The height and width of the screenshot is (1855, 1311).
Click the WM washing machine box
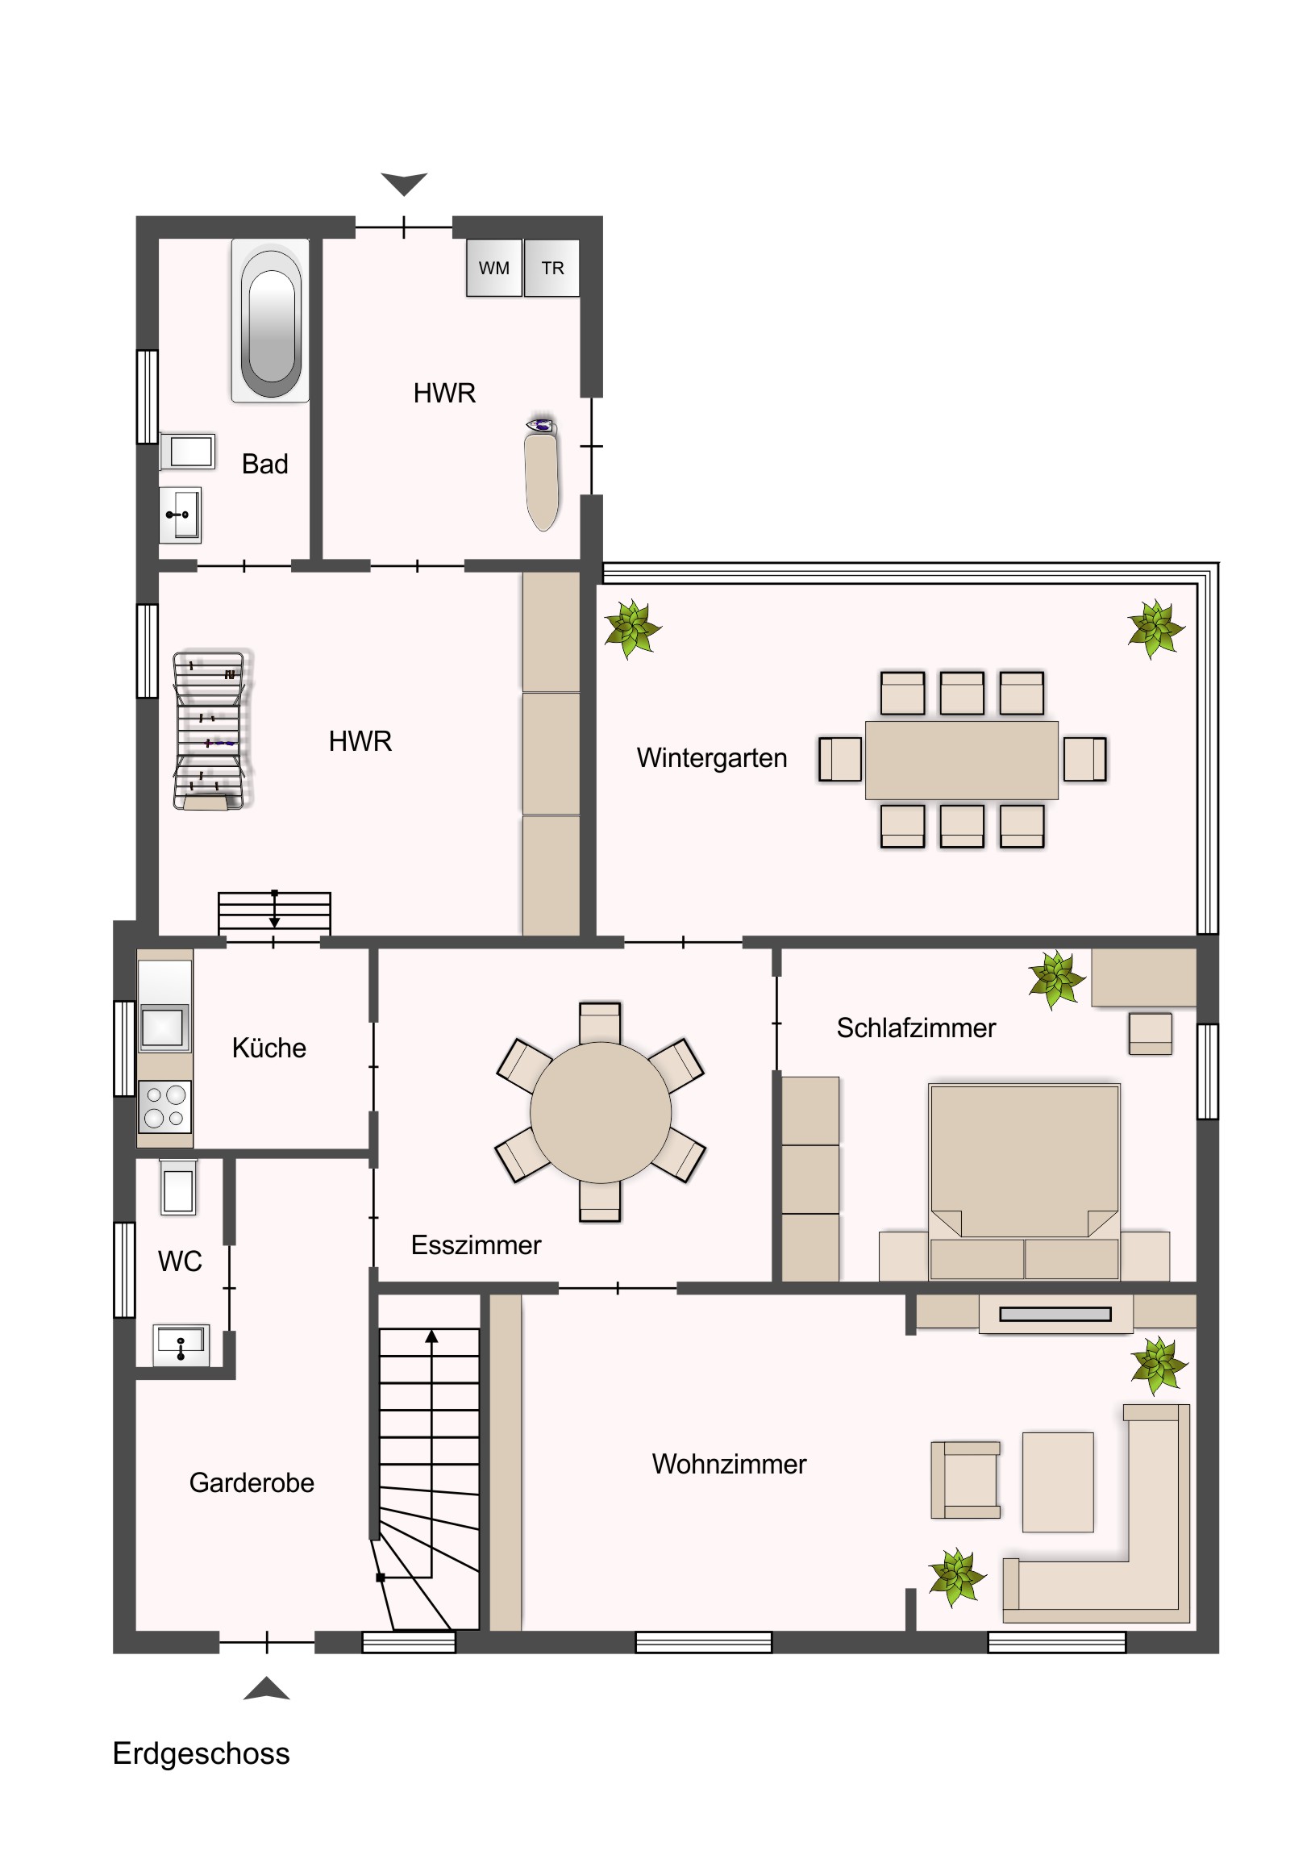coord(493,268)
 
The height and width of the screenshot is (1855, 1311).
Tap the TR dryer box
coord(551,268)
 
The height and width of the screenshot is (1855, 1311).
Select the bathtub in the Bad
coord(271,320)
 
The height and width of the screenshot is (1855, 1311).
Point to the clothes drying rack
coord(209,731)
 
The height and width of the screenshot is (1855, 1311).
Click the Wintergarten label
coord(712,758)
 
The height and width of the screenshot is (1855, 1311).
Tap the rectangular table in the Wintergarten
coord(961,761)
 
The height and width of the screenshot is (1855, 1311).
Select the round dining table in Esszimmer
coord(600,1112)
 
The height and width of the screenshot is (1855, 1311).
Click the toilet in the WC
coord(177,1188)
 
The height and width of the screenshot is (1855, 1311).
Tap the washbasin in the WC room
coord(181,1345)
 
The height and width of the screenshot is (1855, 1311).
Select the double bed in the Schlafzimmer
coord(1024,1182)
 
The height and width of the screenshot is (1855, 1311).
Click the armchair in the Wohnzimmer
coord(966,1480)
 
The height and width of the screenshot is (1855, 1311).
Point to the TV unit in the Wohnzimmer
coord(1055,1314)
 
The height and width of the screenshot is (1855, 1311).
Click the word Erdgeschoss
coord(201,1754)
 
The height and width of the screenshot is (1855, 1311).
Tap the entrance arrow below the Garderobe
coord(267,1690)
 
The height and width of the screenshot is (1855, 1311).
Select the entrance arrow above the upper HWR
coord(404,184)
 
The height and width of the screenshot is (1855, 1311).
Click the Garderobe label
coord(252,1483)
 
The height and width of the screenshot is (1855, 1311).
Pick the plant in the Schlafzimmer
coord(1055,978)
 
